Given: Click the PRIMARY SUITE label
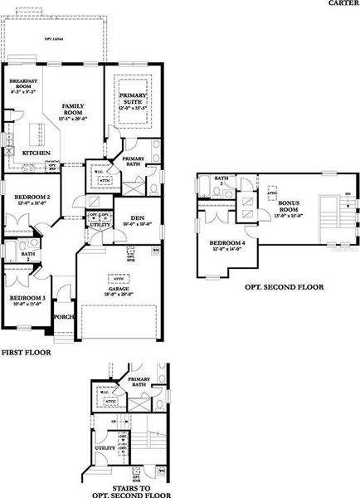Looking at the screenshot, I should point(133,102).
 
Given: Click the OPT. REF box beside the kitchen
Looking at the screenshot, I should point(51,167).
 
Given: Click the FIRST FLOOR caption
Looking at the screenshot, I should point(26,353).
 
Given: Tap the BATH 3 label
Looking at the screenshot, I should point(221,180).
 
